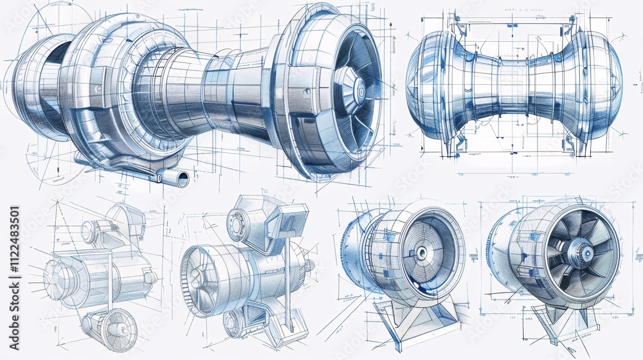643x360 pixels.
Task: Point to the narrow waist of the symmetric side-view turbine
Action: click(x=514, y=87)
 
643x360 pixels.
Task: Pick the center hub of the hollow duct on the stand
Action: click(x=421, y=253)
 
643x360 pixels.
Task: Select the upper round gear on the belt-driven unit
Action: click(x=238, y=225)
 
